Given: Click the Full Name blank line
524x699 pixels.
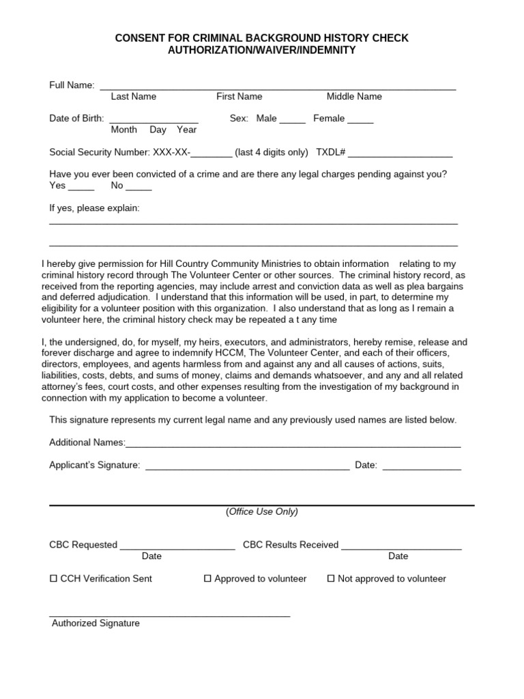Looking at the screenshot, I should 278,87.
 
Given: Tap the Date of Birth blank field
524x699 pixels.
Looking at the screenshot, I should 154,119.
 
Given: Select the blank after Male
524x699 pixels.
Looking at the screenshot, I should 293,120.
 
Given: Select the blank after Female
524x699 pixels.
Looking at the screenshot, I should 360,120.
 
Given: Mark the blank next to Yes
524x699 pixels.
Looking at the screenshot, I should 81,187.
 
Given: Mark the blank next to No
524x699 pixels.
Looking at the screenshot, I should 139,187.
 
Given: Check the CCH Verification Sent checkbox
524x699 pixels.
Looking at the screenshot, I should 54,579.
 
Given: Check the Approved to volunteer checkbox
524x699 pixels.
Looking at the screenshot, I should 208,579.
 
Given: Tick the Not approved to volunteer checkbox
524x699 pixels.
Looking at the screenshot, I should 331,579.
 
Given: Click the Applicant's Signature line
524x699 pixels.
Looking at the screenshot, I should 248,467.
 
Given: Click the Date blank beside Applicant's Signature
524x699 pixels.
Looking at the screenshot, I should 422,467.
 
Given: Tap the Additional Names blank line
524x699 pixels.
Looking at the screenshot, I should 293,444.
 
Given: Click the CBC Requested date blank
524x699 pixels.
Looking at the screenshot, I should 177,546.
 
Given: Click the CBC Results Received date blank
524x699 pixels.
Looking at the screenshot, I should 401,546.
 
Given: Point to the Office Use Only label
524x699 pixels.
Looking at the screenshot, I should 262,512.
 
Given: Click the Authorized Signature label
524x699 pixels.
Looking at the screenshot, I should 96,623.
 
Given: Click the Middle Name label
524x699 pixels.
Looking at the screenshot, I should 354,97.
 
